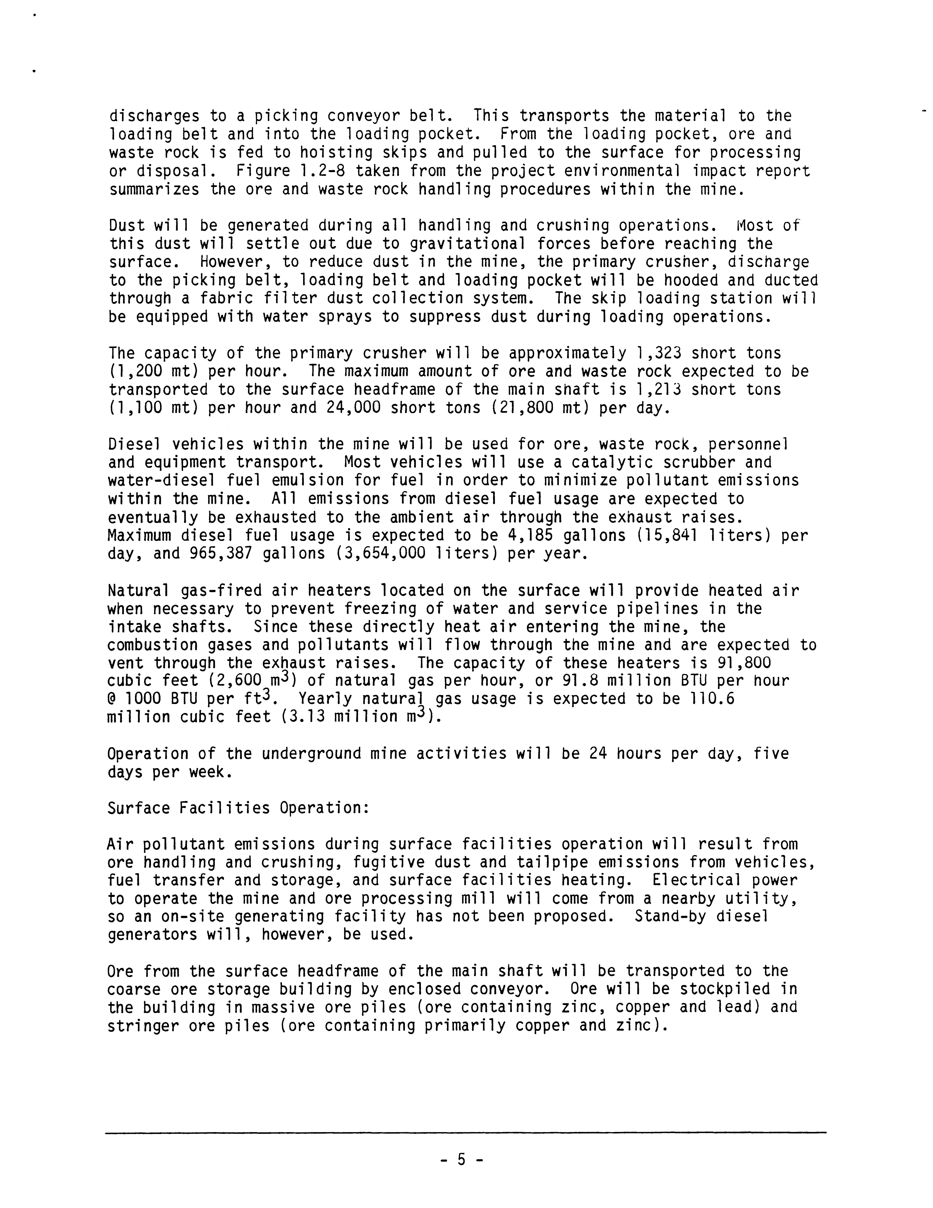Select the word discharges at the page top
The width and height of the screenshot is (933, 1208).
(x=154, y=116)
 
